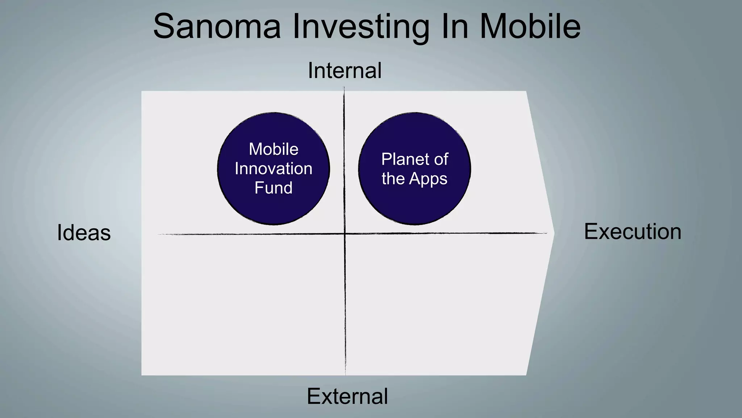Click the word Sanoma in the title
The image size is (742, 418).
(217, 27)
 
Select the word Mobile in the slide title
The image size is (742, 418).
(530, 27)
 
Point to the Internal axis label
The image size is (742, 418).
(345, 70)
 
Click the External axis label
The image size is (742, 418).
(347, 396)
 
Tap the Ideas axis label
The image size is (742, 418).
(84, 233)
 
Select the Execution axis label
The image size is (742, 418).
(633, 231)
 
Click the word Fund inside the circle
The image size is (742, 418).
(274, 188)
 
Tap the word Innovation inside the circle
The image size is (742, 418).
(274, 169)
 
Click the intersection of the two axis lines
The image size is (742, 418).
(345, 234)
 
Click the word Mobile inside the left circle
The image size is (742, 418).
(274, 149)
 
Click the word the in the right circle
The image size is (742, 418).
(393, 179)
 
